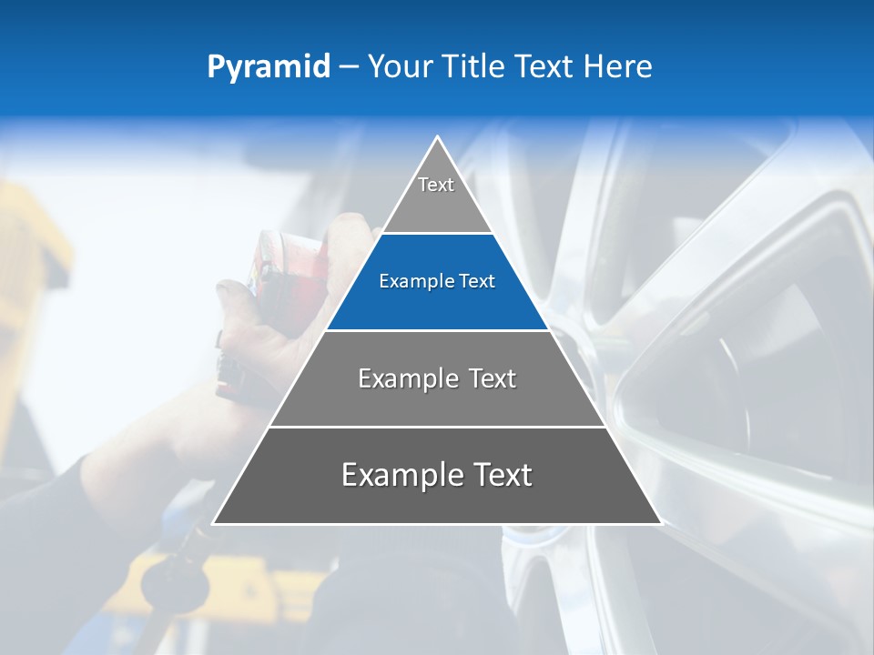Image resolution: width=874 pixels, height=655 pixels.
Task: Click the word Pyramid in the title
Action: tap(269, 67)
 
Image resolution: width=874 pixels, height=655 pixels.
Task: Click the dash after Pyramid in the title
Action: tap(348, 67)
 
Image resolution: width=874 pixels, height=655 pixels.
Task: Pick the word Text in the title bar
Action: tap(545, 66)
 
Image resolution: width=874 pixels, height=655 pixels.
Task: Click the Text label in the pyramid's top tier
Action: tap(436, 185)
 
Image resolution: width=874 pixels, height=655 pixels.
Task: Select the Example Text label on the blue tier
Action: tap(437, 281)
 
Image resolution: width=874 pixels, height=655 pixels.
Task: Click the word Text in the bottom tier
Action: tap(503, 475)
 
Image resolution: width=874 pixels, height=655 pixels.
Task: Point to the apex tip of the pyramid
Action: tap(438, 138)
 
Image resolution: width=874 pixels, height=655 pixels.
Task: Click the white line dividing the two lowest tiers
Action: tap(437, 427)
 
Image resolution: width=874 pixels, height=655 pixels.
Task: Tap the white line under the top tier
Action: tap(437, 233)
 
